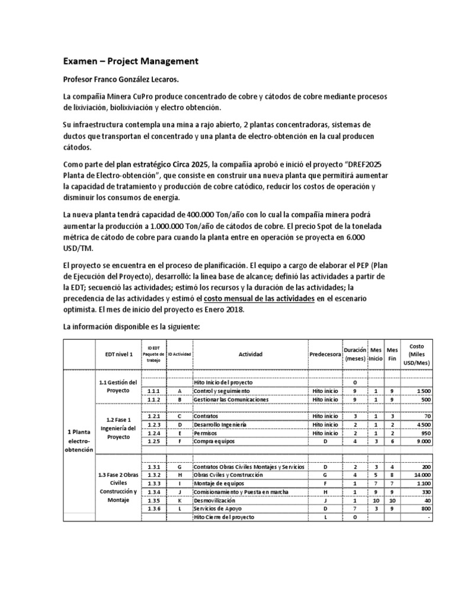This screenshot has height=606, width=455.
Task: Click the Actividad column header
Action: (x=250, y=354)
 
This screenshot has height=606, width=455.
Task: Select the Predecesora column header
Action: (x=325, y=354)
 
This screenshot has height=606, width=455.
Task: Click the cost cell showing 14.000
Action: (x=422, y=475)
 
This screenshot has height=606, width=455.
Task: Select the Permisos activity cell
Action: (x=207, y=433)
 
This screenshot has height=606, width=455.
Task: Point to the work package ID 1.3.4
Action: (x=153, y=491)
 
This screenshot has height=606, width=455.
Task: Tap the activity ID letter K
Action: (x=179, y=499)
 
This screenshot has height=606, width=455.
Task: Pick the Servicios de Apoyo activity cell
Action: (x=216, y=508)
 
